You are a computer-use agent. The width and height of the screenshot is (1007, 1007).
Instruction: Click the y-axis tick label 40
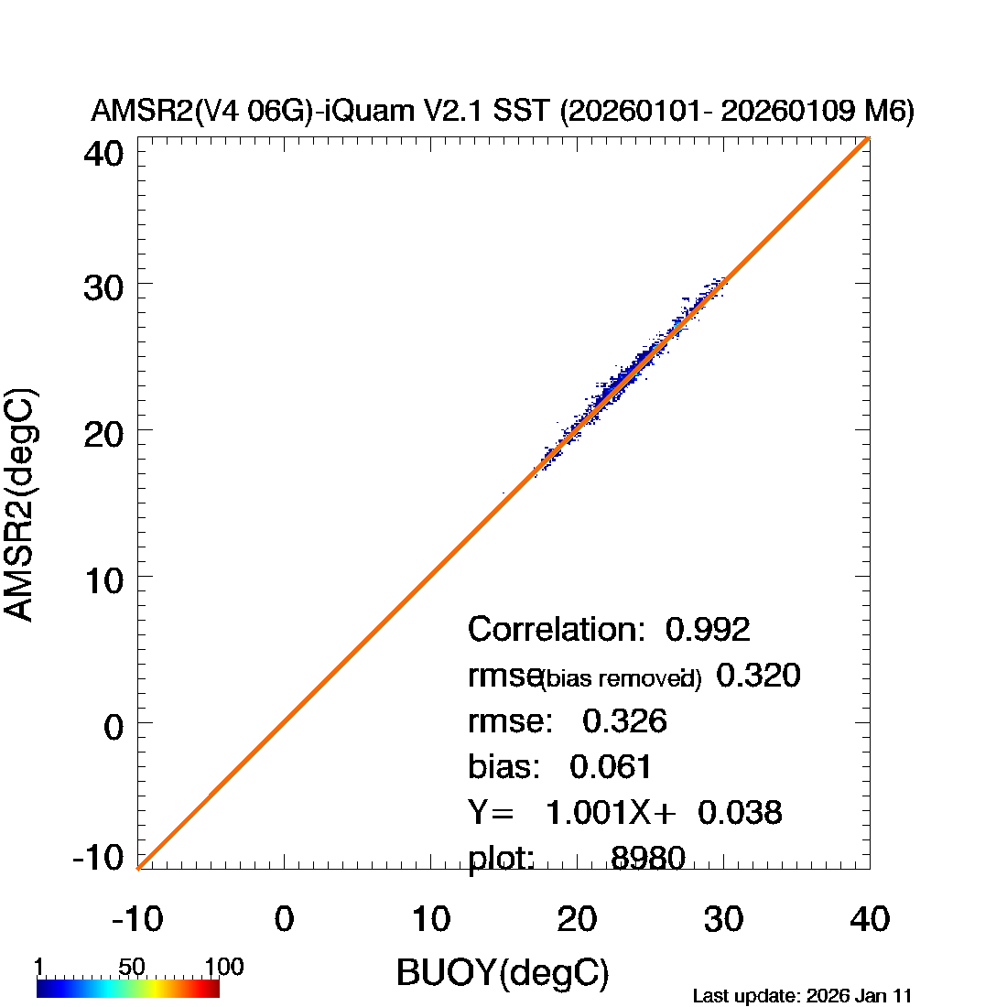click(x=103, y=153)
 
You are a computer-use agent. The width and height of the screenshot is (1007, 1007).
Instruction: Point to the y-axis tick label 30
click(x=103, y=289)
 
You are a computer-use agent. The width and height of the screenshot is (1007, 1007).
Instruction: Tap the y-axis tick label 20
click(x=103, y=433)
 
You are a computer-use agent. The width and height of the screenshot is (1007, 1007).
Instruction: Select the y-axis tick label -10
click(x=99, y=858)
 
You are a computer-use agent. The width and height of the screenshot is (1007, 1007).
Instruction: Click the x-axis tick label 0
click(x=284, y=918)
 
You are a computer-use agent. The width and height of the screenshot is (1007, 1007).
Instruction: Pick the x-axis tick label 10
click(x=430, y=918)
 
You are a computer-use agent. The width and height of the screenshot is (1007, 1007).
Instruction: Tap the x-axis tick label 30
click(x=723, y=918)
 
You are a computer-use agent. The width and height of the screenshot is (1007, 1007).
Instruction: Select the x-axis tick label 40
click(x=870, y=918)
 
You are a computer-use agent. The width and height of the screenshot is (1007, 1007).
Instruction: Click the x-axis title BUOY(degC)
click(x=503, y=973)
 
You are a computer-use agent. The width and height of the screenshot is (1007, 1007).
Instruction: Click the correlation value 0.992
click(x=708, y=630)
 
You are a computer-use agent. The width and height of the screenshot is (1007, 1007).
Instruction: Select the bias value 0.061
click(x=612, y=766)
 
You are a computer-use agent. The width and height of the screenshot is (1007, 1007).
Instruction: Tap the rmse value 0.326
click(x=624, y=721)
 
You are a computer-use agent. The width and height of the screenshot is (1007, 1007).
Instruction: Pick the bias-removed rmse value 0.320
click(x=758, y=676)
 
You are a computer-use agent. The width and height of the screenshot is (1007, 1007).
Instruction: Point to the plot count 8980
click(x=648, y=858)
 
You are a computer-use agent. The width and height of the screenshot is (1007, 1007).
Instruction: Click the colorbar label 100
click(x=223, y=968)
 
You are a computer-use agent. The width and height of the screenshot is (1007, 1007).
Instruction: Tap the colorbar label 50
click(x=132, y=968)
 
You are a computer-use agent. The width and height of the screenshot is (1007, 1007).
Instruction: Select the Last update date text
click(x=802, y=996)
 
